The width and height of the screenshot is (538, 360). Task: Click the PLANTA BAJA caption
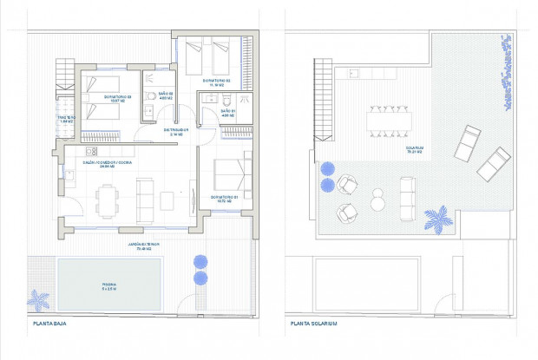tap(49, 324)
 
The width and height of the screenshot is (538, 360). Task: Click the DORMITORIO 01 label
tap(223, 199)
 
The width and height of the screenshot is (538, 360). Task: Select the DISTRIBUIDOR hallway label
tap(176, 133)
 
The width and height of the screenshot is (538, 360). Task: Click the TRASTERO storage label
tap(67, 119)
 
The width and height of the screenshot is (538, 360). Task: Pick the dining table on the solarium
tap(387, 120)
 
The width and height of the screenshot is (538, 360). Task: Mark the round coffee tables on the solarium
tap(377, 200)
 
